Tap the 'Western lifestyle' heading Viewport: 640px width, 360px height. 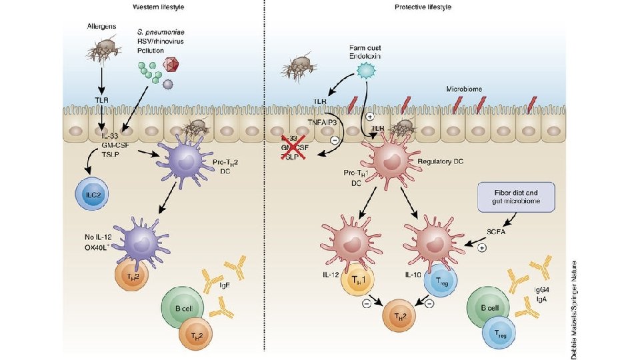point(158,7)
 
